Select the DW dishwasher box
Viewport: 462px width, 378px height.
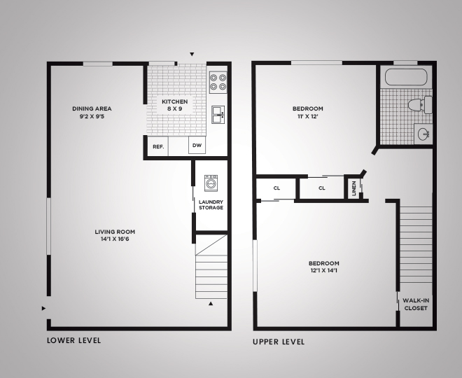[x=197, y=146]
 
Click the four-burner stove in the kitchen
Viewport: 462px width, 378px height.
[x=218, y=83]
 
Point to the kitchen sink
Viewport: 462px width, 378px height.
[x=218, y=113]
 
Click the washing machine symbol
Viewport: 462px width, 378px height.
[x=211, y=183]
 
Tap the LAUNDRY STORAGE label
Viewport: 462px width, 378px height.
[x=211, y=205]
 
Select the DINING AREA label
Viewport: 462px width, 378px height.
[x=92, y=112]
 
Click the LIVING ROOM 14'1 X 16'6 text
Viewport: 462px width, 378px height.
[x=115, y=235]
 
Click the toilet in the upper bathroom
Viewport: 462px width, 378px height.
[x=418, y=105]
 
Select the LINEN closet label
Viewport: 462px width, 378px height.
[x=354, y=188]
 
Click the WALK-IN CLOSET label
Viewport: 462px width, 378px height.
[x=416, y=303]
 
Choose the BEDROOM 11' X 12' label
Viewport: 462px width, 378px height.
[x=308, y=112]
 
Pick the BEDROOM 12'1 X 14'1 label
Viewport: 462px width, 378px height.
[x=324, y=267]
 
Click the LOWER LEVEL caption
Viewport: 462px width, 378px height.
[x=74, y=340]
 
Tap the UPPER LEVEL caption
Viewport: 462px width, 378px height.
[x=279, y=342]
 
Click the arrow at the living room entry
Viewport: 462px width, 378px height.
[x=44, y=308]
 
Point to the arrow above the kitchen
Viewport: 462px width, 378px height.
[x=192, y=55]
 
